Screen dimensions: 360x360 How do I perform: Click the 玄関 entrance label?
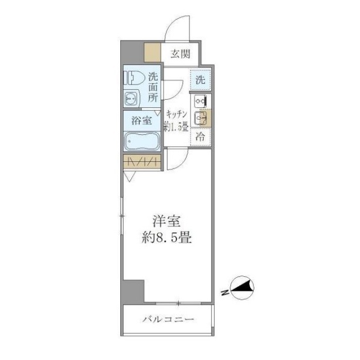(x=180, y=54)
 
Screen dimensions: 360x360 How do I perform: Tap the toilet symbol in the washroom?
(x=134, y=78)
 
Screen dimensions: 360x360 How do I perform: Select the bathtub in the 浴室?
(x=142, y=141)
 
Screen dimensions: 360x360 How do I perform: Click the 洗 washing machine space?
(x=200, y=80)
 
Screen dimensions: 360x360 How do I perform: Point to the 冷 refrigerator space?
(x=200, y=137)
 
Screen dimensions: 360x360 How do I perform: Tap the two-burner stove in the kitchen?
(x=201, y=101)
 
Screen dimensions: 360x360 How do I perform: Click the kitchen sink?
(x=201, y=118)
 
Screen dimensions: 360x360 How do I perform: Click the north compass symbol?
(x=242, y=288)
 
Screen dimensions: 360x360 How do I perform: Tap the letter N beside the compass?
(x=225, y=292)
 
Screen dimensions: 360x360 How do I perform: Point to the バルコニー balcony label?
(x=168, y=320)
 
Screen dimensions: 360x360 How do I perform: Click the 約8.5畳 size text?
(x=167, y=237)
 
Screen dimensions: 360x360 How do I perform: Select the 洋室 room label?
(x=167, y=221)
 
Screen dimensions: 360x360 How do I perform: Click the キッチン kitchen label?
(x=176, y=114)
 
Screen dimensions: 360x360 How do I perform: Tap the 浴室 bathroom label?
(x=141, y=121)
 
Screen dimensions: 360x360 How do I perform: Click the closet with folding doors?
(x=142, y=162)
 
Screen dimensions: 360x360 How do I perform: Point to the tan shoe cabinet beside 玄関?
(x=152, y=52)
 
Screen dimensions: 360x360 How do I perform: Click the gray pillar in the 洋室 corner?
(x=133, y=291)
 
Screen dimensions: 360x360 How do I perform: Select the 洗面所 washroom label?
(x=152, y=87)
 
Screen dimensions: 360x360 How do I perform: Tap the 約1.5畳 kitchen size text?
(x=176, y=127)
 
